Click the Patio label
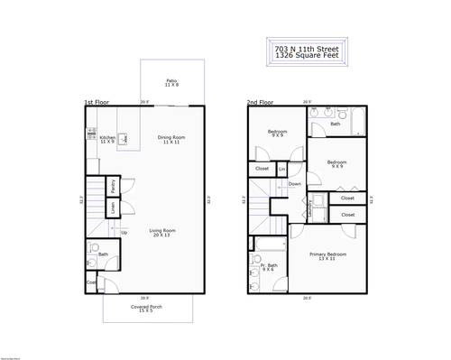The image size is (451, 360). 171,83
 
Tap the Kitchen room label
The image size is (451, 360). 107,140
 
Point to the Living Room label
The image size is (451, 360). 162,232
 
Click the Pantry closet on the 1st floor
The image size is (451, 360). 112,187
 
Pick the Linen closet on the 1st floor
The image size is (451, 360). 112,208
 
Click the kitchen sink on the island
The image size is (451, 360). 124,139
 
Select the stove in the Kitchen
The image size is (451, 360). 91,134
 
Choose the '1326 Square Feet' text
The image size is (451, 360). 307,56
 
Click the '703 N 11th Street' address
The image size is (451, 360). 307,47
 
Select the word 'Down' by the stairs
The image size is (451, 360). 295,184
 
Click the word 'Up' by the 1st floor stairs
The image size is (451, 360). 124,233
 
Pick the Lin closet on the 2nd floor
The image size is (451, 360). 282,169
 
